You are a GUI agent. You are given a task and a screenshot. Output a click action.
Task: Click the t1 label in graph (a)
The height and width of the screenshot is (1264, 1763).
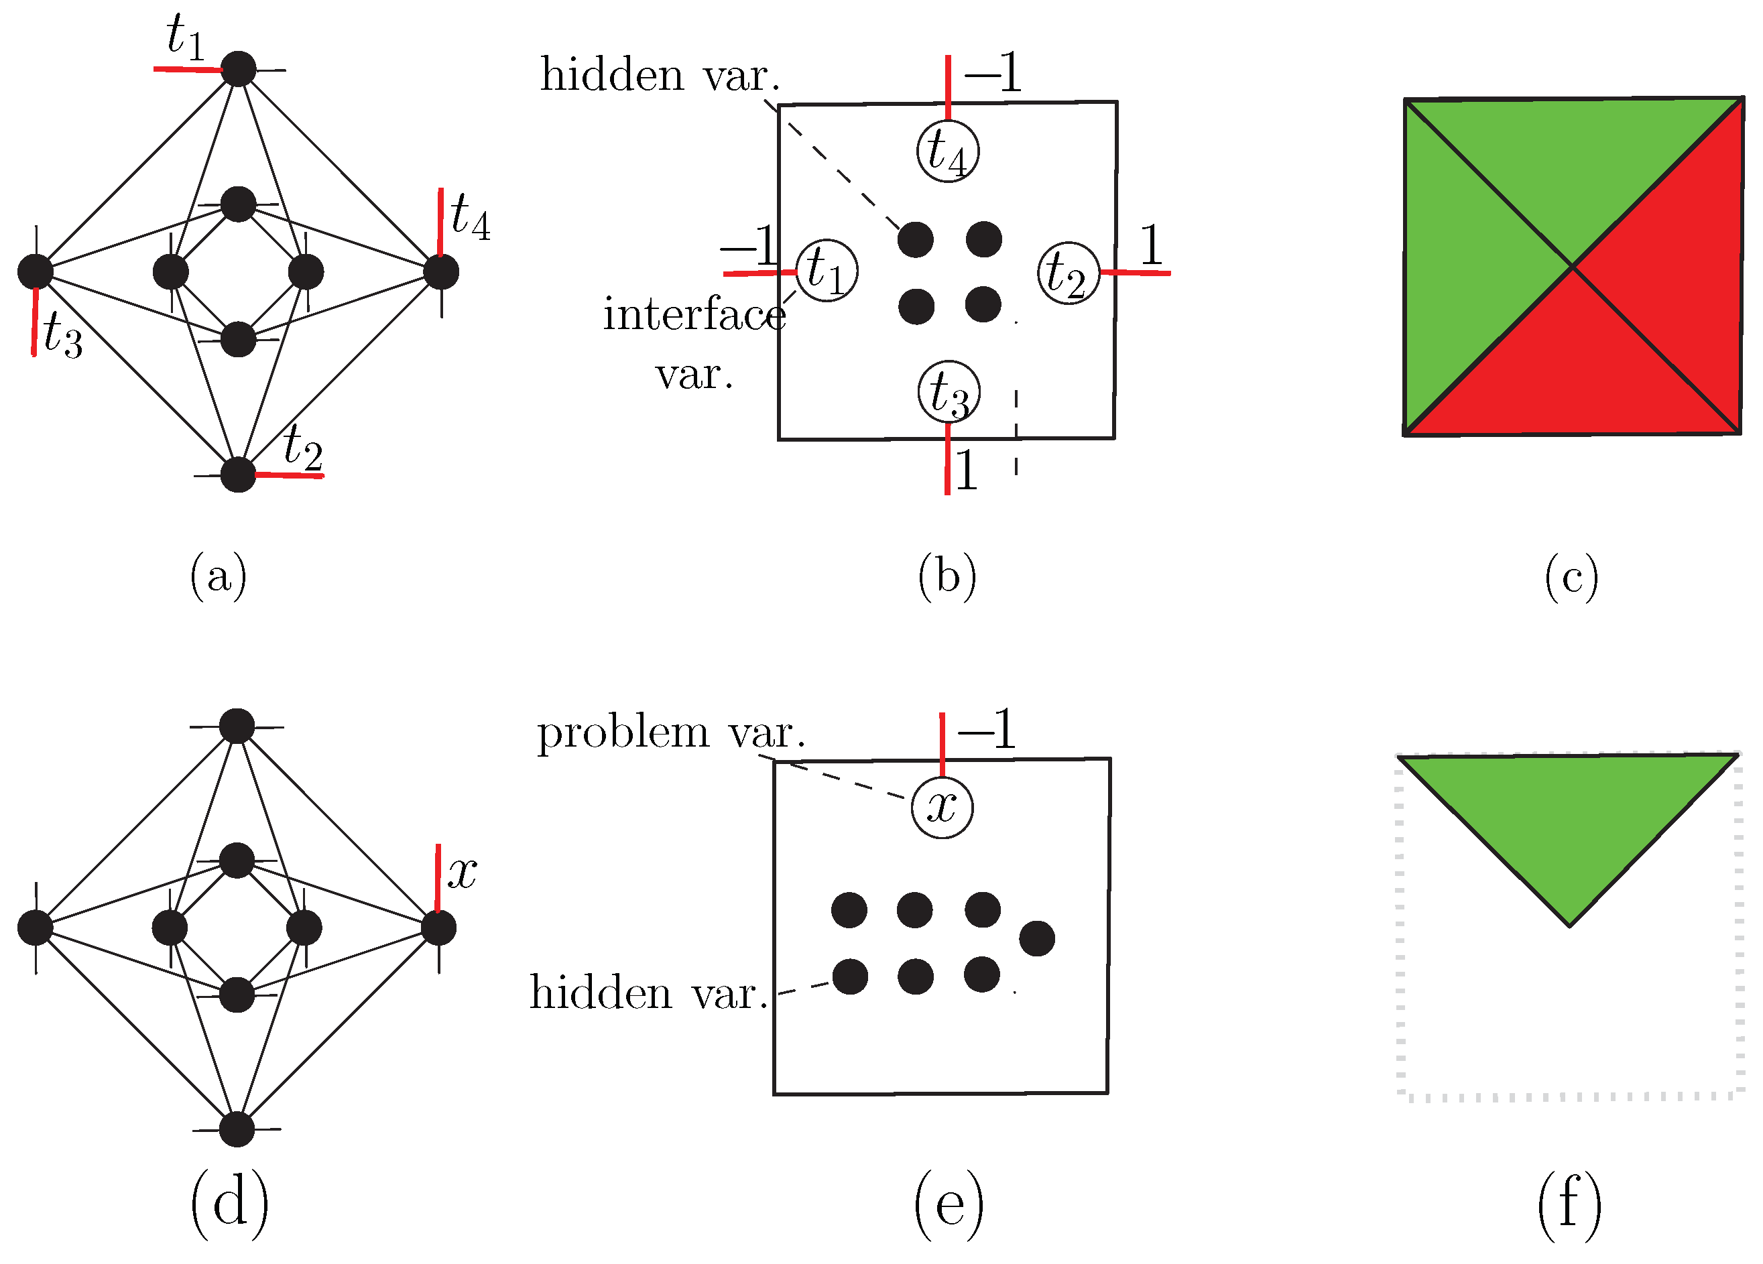pos(186,38)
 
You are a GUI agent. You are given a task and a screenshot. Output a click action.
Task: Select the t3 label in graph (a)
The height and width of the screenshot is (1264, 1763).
pos(62,336)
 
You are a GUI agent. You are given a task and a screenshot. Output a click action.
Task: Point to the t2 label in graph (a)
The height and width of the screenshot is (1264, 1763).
pos(302,448)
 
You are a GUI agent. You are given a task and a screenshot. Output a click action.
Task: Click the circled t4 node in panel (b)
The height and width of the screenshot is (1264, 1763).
pos(948,151)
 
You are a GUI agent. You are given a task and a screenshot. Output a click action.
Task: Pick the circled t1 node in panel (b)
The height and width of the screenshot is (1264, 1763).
pos(827,271)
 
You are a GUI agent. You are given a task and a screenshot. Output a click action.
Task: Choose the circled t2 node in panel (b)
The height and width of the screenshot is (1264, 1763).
pos(1069,273)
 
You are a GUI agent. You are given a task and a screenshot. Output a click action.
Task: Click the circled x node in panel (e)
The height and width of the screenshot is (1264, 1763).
pos(942,808)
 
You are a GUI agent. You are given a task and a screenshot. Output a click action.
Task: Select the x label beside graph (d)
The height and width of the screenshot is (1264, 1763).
pos(463,872)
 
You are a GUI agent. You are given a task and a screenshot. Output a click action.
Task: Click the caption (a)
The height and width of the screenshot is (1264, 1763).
pos(219,576)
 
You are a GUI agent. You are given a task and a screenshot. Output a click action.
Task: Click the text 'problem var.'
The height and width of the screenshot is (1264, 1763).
pos(671,733)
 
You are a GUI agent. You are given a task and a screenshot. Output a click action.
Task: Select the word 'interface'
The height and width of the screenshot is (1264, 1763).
pos(694,316)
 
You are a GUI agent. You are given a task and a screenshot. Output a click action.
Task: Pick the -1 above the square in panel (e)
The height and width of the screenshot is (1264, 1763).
pos(987,730)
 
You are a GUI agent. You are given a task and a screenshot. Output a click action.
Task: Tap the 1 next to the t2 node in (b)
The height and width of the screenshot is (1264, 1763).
pos(1151,246)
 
